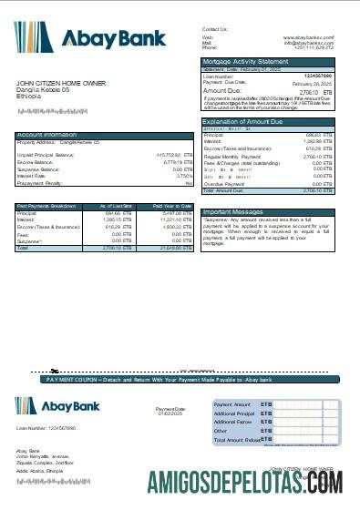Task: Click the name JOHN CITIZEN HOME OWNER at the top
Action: coord(58,83)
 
